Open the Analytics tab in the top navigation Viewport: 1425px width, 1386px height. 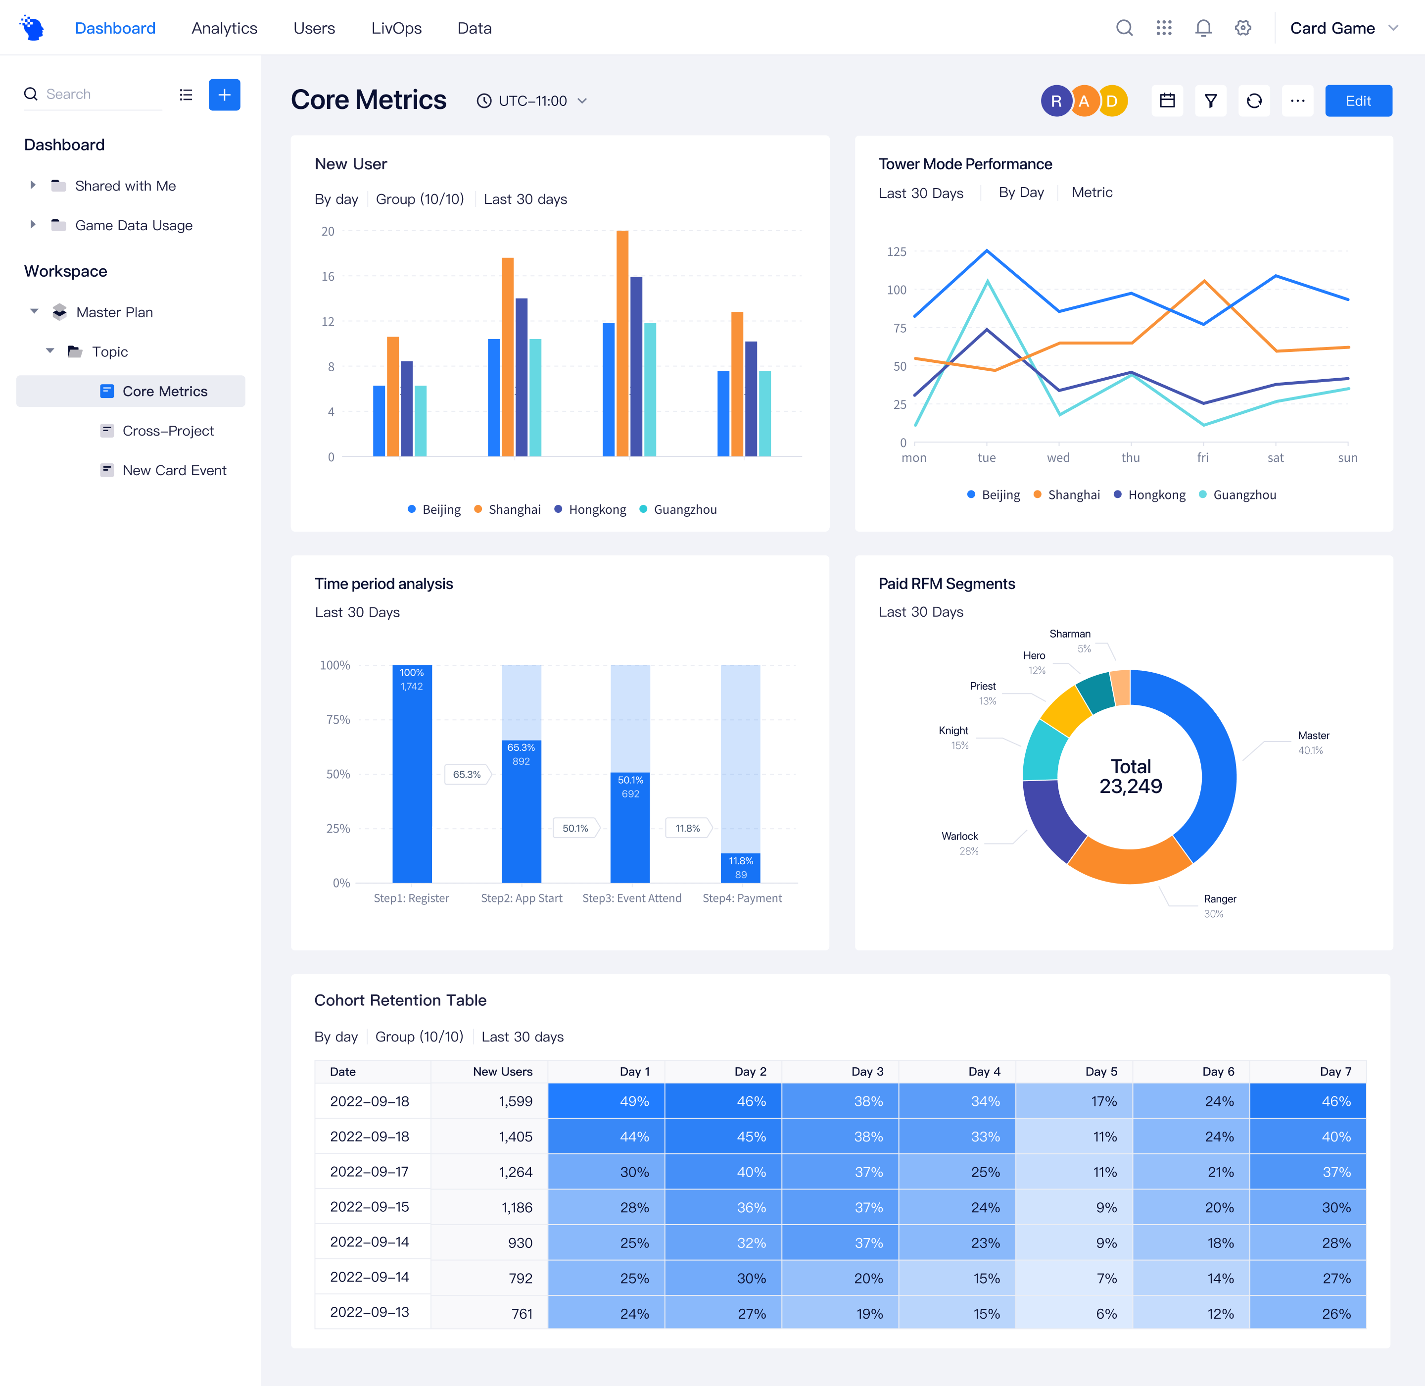[x=224, y=28]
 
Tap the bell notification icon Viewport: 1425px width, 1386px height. [x=1203, y=28]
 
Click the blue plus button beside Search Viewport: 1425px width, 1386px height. [x=224, y=95]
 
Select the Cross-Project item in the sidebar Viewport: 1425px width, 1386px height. [x=168, y=431]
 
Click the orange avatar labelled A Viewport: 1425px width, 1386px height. [x=1084, y=101]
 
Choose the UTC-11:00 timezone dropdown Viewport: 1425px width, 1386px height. [x=532, y=101]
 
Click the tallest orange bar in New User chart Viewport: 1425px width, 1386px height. [x=622, y=342]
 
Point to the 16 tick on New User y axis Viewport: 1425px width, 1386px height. [x=328, y=277]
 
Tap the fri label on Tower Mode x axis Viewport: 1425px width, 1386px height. [x=1202, y=458]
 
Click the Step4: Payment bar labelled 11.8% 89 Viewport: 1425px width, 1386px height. [x=740, y=868]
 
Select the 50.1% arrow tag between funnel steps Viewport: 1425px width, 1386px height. [x=575, y=829]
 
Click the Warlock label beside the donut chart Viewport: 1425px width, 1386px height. [x=959, y=837]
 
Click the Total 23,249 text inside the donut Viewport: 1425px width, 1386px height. [x=1130, y=777]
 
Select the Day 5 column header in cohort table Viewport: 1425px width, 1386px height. [x=1100, y=1072]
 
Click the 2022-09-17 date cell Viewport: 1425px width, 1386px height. [x=370, y=1172]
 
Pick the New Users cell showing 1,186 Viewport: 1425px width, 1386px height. [x=517, y=1208]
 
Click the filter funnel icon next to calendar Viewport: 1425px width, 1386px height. [x=1210, y=101]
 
